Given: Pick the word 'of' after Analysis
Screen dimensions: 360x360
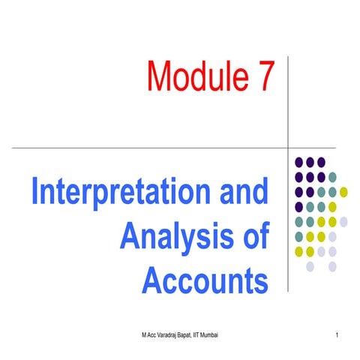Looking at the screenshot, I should tap(253, 237).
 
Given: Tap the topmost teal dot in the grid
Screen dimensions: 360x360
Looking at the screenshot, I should tap(332, 177).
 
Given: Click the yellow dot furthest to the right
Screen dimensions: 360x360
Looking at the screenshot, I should tap(343, 191).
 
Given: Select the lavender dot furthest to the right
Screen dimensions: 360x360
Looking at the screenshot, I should tap(343, 221).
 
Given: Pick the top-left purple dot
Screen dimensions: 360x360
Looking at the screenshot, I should tap(299, 162).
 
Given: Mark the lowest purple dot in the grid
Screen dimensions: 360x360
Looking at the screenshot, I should tap(299, 206).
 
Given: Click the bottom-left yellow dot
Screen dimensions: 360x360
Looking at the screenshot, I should tap(299, 250).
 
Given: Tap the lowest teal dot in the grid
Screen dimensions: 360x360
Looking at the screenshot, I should tap(299, 236).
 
